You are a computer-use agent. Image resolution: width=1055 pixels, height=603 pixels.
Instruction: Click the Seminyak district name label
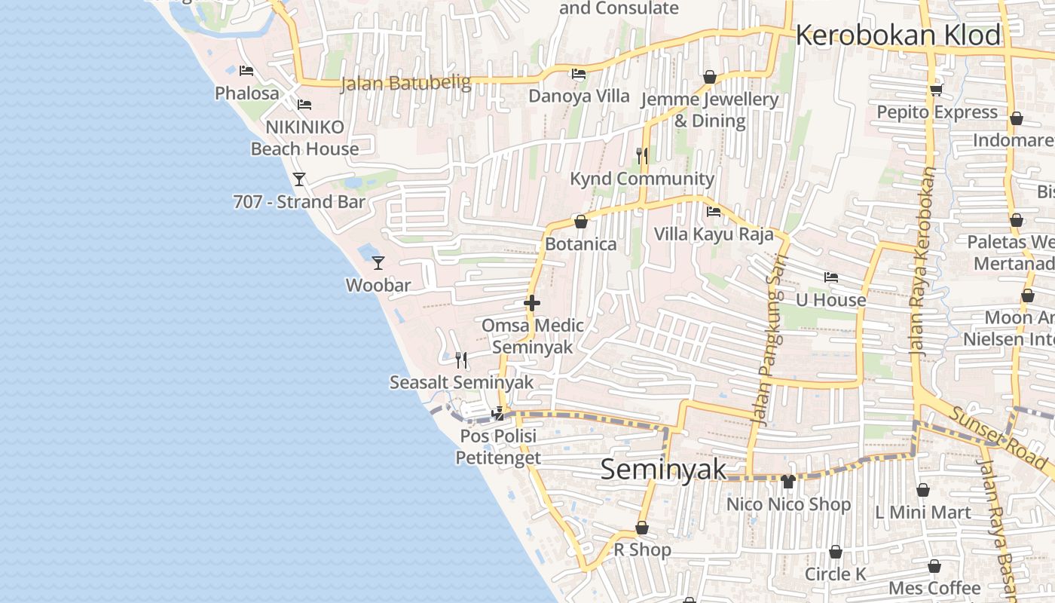(x=664, y=470)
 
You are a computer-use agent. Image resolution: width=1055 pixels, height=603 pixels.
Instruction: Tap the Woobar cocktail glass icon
(x=378, y=262)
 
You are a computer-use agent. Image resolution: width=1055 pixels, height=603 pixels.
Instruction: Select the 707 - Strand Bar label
(x=299, y=202)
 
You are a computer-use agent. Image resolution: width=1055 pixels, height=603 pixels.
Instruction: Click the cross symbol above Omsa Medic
(x=532, y=303)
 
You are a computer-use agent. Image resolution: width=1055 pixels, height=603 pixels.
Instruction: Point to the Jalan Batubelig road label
(x=406, y=83)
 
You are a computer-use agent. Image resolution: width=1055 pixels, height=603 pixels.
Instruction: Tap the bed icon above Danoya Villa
(x=579, y=74)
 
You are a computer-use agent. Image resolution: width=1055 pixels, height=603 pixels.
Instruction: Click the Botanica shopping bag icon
(x=581, y=222)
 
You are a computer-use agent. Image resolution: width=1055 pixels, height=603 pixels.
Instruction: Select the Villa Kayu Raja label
(x=714, y=234)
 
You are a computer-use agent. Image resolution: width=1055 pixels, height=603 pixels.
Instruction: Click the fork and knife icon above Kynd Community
(x=642, y=156)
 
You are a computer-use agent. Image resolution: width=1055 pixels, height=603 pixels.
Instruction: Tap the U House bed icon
(x=831, y=277)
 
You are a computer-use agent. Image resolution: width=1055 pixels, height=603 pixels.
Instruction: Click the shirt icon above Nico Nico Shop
(x=788, y=481)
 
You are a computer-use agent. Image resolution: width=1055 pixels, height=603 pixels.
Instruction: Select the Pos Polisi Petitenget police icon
(x=497, y=413)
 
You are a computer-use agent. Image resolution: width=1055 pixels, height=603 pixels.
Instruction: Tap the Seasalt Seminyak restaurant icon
(x=461, y=360)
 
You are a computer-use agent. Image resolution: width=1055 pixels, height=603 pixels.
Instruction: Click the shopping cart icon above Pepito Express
(x=937, y=90)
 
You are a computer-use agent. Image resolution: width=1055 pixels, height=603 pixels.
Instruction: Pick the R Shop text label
(x=642, y=550)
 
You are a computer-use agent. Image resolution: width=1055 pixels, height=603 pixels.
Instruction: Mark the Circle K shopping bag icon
(x=835, y=552)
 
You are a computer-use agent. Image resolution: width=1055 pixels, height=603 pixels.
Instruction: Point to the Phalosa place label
(x=247, y=93)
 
